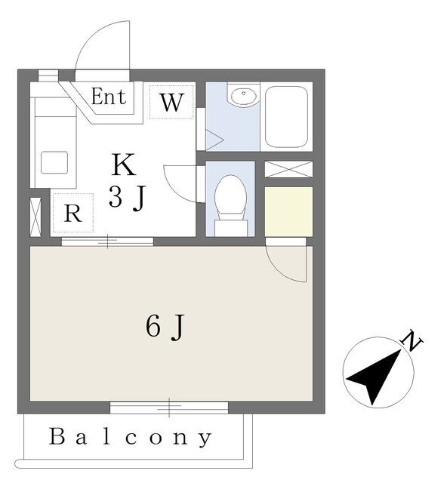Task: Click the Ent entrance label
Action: (109, 97)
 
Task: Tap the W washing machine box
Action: (171, 102)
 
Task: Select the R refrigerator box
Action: (73, 213)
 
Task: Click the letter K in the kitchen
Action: (124, 165)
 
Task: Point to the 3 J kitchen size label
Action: (127, 198)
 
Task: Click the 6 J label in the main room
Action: (165, 327)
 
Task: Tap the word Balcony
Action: (131, 438)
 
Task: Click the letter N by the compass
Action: (412, 340)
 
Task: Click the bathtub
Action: (286, 117)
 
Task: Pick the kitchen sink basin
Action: (54, 162)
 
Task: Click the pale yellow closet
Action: (288, 211)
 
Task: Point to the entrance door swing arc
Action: (92, 34)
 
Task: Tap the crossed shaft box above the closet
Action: (288, 169)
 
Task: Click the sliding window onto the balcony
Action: (169, 408)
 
